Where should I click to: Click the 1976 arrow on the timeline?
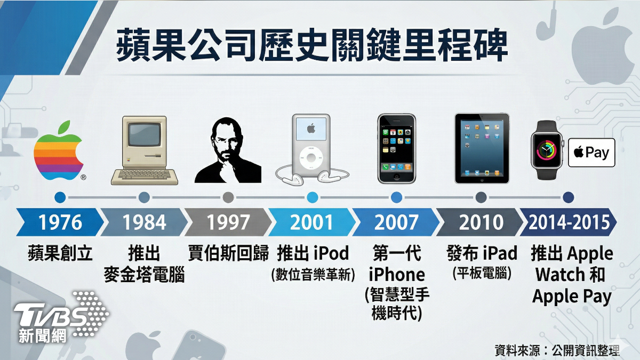click(60, 222)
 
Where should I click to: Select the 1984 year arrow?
click(144, 222)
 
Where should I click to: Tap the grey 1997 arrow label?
click(228, 222)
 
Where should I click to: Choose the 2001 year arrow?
click(312, 222)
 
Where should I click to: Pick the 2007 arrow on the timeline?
click(396, 222)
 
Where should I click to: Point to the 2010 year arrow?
click(480, 222)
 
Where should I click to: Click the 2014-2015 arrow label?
click(569, 222)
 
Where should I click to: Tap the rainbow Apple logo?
click(59, 151)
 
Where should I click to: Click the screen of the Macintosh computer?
click(145, 134)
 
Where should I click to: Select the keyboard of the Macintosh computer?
click(145, 175)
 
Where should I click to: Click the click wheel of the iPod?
click(311, 158)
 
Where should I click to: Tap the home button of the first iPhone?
click(397, 177)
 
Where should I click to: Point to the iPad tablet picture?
click(482, 148)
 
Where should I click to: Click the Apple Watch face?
click(547, 150)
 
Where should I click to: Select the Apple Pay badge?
click(591, 153)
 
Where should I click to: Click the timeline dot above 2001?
click(313, 197)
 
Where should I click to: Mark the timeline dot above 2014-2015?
click(569, 197)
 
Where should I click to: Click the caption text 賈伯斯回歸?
click(228, 253)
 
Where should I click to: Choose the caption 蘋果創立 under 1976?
click(60, 253)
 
